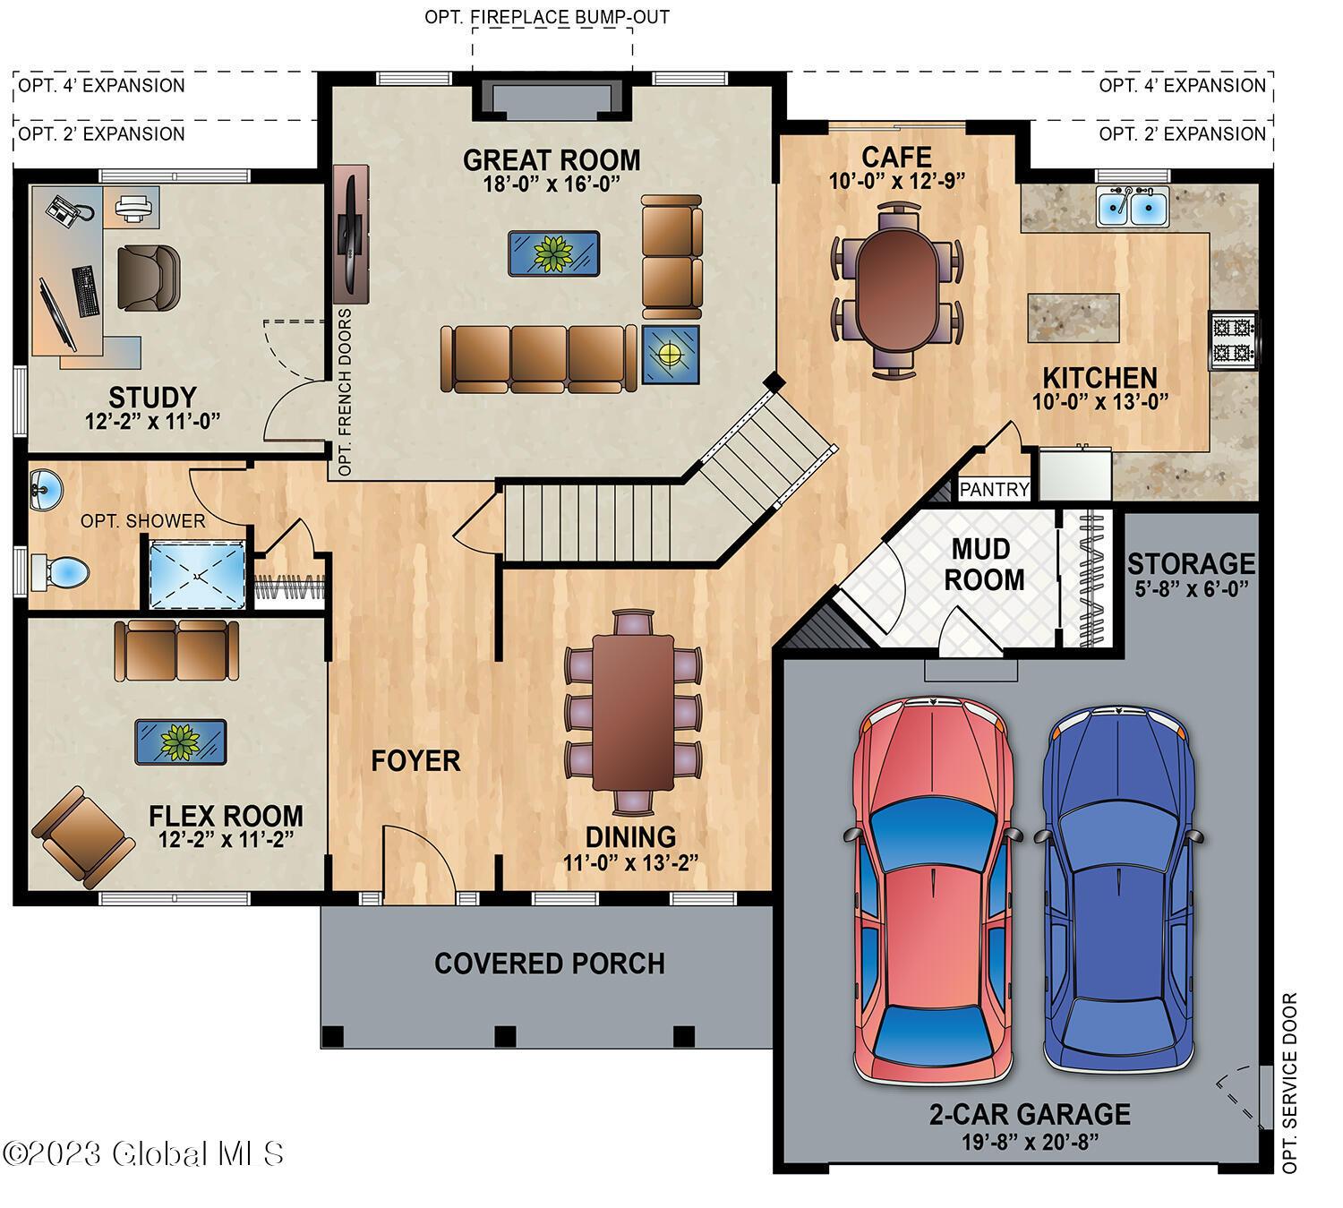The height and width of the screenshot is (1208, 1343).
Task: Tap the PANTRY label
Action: click(x=994, y=490)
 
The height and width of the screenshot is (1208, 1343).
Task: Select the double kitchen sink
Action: click(x=1132, y=210)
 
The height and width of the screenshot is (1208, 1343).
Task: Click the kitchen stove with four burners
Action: click(x=1233, y=340)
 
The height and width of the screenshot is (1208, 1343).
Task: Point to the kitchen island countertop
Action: click(x=1074, y=317)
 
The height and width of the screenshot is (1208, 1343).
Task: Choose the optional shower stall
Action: click(x=196, y=574)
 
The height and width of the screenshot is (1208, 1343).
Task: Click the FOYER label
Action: click(x=415, y=761)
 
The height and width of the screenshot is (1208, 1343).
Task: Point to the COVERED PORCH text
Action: click(x=549, y=964)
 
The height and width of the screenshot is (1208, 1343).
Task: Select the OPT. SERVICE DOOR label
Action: click(x=1289, y=1083)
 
